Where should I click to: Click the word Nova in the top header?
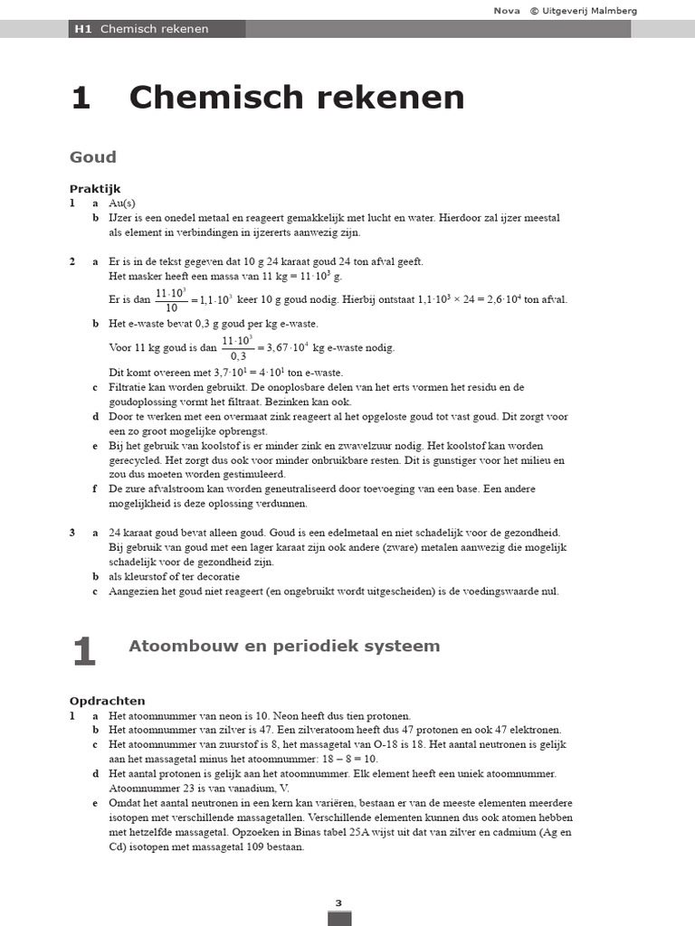tap(505, 11)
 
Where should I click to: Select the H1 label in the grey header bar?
tap(83, 29)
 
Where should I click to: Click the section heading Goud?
tap(93, 157)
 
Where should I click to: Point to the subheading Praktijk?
tap(95, 189)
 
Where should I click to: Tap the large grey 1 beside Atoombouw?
tap(83, 652)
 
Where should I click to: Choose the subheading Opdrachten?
tap(107, 700)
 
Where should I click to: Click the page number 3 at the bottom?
tap(338, 902)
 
